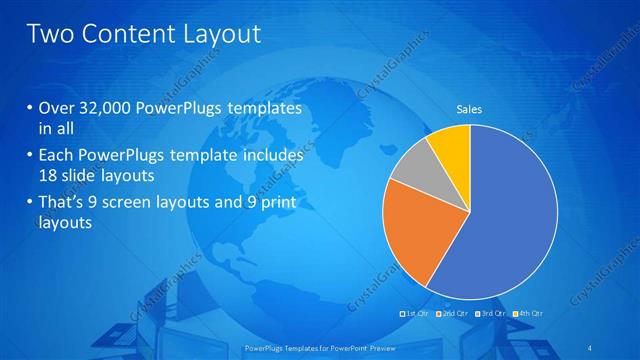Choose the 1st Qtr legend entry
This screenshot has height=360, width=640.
pos(416,313)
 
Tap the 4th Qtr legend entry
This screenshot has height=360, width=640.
pos(527,313)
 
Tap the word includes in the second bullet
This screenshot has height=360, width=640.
pos(272,156)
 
